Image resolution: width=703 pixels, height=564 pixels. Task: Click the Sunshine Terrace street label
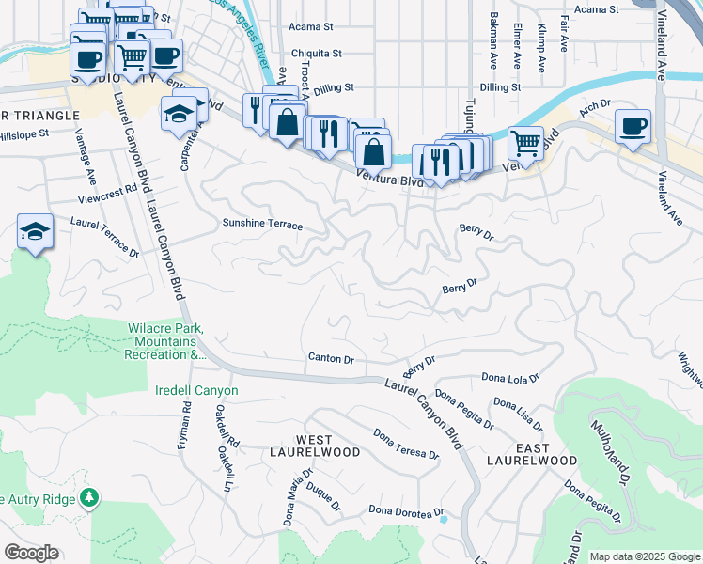262,226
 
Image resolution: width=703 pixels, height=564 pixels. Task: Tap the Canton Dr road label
331,359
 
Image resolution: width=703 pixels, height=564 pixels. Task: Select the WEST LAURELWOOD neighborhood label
315,446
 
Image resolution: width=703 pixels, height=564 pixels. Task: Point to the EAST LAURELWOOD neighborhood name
532,454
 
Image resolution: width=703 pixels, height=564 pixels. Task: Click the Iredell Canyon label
196,390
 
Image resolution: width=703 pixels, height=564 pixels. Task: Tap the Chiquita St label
316,55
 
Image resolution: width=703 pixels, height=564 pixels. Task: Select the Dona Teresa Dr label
405,445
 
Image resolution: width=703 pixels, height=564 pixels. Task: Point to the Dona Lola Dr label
510,378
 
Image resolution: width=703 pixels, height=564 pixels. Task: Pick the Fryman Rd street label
185,426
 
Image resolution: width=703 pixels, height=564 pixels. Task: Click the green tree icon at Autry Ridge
89,496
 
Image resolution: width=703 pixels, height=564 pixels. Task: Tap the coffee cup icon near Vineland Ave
633,126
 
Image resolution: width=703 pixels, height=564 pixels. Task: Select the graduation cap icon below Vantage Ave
35,231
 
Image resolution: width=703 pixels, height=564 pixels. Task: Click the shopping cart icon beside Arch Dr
526,143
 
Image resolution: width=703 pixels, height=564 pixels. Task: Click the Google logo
31,553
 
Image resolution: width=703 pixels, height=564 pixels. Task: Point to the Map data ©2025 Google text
644,556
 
